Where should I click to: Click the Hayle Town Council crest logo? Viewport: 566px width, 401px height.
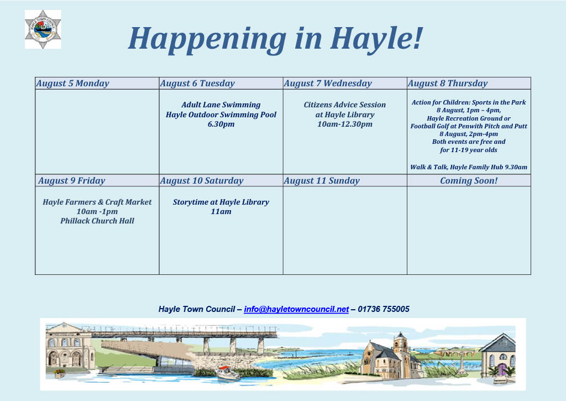[x=43, y=29]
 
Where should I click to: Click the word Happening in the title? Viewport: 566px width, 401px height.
[x=207, y=39]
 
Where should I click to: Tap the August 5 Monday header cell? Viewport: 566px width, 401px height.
[x=72, y=84]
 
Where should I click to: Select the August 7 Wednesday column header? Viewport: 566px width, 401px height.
[x=328, y=84]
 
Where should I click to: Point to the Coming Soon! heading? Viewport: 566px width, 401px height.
[x=469, y=181]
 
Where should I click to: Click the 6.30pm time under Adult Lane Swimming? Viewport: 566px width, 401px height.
[x=221, y=124]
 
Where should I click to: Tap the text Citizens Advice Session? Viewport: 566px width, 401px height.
[x=345, y=105]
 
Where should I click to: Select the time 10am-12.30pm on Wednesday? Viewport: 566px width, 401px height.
[x=345, y=124]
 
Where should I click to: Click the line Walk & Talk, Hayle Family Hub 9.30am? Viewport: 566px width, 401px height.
[x=469, y=167]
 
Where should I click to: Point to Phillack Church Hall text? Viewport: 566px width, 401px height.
[x=97, y=221]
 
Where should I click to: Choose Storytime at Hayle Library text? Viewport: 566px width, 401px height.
[x=221, y=202]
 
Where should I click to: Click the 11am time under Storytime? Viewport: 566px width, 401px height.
[x=221, y=212]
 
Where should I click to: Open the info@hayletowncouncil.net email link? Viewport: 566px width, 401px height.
[x=296, y=309]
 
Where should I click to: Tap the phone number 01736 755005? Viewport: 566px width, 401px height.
[x=384, y=309]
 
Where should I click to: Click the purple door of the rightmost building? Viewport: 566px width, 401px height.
[x=502, y=369]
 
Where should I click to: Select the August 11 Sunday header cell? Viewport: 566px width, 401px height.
[x=322, y=181]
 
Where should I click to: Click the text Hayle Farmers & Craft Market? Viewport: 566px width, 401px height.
[x=97, y=202]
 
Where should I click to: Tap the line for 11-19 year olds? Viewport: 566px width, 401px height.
[x=469, y=150]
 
